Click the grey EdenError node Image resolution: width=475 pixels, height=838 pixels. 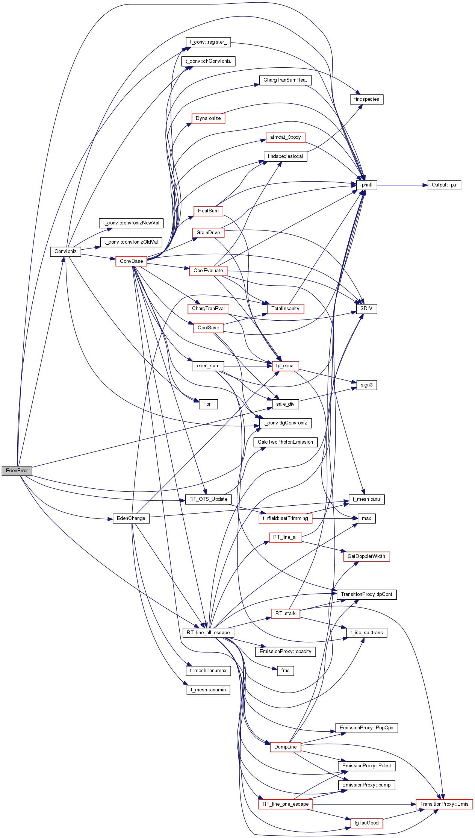pos(17,470)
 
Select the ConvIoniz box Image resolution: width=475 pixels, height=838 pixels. pos(65,251)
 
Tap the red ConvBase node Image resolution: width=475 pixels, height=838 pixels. pos(131,261)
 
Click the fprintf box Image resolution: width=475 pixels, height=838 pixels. pos(366,185)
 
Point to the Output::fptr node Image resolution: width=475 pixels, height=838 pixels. pos(444,185)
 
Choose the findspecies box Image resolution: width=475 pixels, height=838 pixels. pos(366,99)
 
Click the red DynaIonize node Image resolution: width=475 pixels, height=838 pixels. pos(208,118)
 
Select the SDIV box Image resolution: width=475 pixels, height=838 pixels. pos(366,309)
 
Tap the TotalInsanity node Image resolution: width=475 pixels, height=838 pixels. pos(285,309)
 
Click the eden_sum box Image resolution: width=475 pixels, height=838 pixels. pos(208,366)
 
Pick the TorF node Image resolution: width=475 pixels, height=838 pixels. pos(208,404)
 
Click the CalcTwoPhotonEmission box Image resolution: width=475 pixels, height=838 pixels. pos(285,442)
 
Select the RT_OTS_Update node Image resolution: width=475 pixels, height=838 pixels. pos(208,499)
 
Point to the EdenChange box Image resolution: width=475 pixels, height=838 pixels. pos(131,518)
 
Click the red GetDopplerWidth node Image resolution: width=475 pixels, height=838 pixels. pos(366,556)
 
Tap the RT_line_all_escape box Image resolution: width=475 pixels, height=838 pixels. pos(208,632)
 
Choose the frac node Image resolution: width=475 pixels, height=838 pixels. pos(285,671)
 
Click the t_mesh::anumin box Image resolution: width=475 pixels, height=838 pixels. pos(208,690)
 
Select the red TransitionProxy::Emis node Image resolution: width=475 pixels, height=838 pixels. pos(444,804)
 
